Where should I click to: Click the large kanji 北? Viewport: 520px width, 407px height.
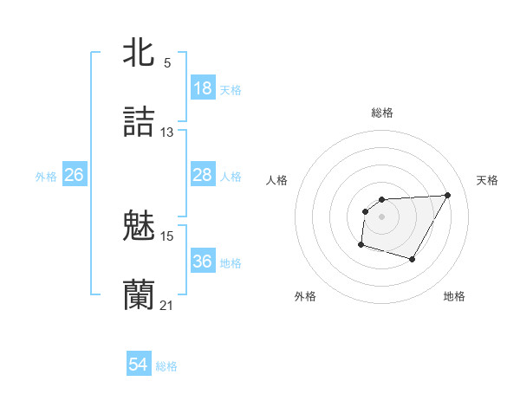coord(140,52)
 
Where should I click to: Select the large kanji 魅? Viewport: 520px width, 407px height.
coord(140,225)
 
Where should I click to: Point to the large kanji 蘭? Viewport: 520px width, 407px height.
coord(140,294)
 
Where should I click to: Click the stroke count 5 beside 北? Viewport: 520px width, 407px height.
coord(167,63)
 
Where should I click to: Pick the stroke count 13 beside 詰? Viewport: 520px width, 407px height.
coord(167,132)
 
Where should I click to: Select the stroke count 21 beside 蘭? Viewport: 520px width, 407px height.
coord(167,306)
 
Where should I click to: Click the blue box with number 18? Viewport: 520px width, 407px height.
coord(203,88)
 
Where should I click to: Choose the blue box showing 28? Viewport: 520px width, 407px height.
coord(203,175)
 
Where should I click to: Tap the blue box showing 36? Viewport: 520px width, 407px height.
coord(203,262)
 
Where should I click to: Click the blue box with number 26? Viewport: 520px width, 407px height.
coord(74,175)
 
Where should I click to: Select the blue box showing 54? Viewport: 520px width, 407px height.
coord(139,365)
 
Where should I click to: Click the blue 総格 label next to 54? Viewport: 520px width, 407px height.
coord(166,366)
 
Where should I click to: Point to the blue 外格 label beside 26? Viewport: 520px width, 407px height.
coord(46,177)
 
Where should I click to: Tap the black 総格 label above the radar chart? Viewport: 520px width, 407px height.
coord(381,113)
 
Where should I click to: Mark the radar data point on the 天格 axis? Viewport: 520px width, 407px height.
coord(447,195)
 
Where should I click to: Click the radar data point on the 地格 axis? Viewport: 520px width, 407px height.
coord(413,260)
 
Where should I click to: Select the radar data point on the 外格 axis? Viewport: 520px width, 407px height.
coord(361,245)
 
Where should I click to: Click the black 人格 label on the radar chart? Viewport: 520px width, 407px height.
coord(277,180)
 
